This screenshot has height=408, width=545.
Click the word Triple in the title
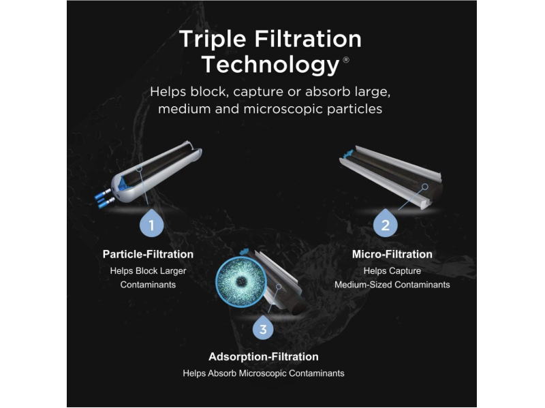213,40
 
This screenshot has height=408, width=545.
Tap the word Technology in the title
270,65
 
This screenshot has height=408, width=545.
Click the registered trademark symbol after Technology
346,60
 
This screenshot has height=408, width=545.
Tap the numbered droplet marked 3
263,327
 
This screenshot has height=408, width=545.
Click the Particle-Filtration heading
148,254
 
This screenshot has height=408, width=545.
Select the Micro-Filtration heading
392,254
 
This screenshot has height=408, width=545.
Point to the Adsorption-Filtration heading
264,356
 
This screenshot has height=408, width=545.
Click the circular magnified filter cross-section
241,282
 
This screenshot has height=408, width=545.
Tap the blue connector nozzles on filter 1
104,198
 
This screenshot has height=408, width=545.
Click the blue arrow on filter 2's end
347,154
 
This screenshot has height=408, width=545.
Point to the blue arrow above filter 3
245,251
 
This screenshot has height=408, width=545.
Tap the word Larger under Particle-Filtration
173,271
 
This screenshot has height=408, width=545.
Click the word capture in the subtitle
258,93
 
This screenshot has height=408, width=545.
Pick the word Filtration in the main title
308,40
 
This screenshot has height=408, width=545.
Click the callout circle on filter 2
424,187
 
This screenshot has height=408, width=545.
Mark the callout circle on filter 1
139,168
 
